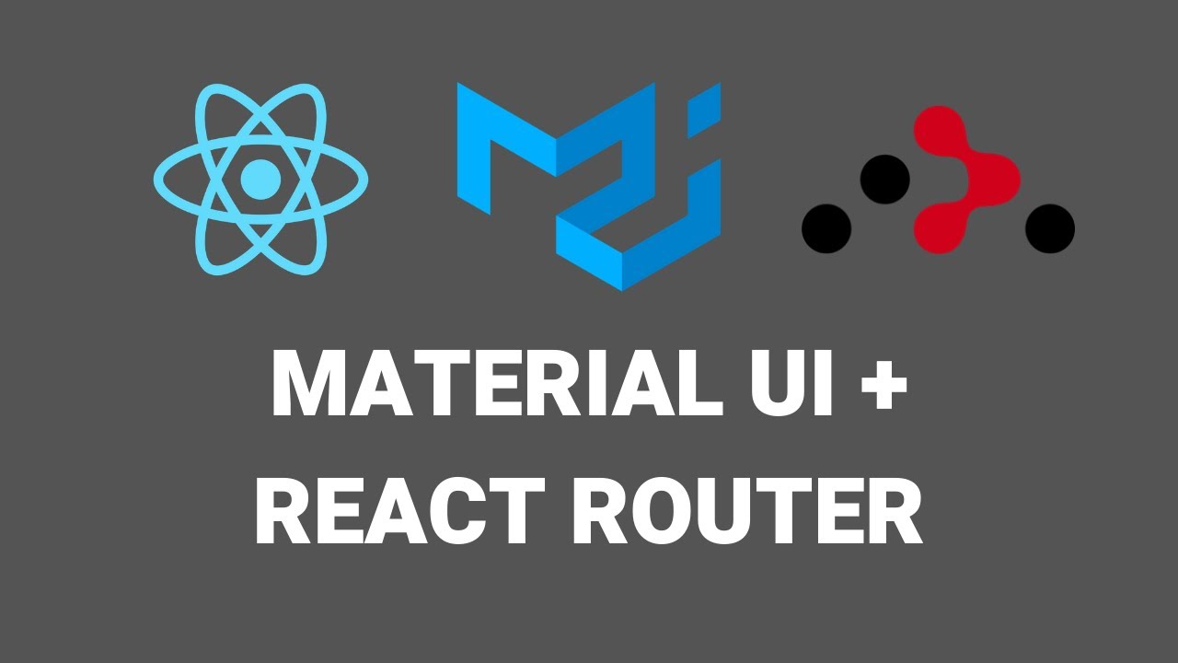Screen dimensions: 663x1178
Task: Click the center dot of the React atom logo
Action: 260,178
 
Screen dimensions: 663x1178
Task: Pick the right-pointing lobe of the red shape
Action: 998,179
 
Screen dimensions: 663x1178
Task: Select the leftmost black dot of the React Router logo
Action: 826,228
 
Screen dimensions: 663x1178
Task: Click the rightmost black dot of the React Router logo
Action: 1050,228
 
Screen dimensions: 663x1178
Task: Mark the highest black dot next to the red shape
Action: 884,179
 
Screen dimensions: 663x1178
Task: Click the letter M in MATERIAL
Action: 309,384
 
